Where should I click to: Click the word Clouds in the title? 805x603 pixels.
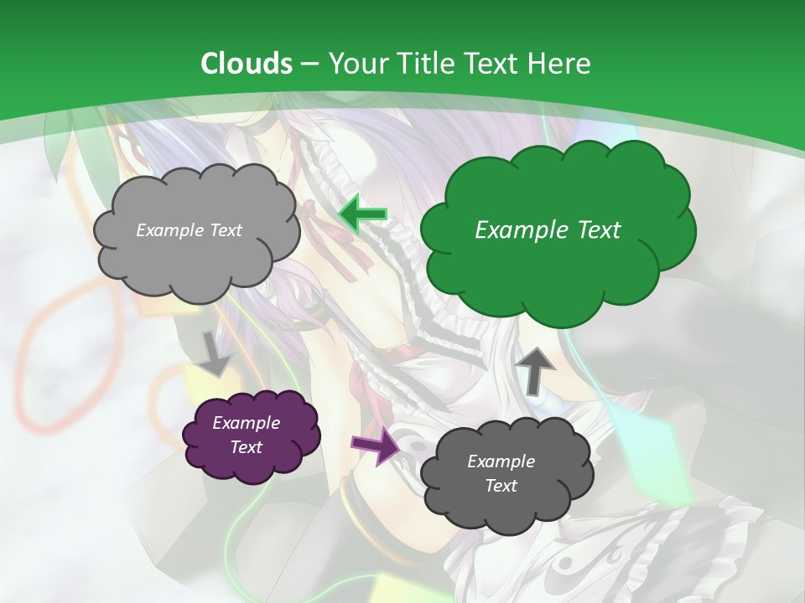click(247, 64)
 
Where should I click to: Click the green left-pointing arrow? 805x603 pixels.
click(362, 214)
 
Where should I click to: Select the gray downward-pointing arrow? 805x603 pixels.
click(214, 353)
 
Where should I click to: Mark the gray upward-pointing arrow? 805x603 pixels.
click(534, 370)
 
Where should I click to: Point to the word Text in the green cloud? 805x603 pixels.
click(599, 230)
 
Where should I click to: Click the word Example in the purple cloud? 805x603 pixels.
click(246, 423)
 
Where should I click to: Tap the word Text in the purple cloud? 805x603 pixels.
click(246, 447)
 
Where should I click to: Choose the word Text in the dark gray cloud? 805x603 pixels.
click(501, 486)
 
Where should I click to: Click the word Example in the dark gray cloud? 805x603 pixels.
click(501, 461)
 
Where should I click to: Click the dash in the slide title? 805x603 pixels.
click(310, 64)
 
